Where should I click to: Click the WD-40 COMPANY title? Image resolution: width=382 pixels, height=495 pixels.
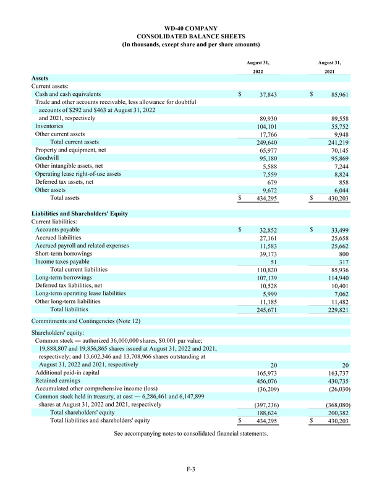click(x=190, y=28)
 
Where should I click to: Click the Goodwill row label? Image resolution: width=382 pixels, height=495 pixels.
click(x=48, y=158)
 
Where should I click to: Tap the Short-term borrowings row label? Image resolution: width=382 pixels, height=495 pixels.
click(x=64, y=254)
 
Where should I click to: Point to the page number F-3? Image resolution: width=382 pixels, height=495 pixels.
click(x=191, y=469)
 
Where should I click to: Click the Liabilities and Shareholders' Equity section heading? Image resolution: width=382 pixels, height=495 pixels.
click(x=80, y=213)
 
